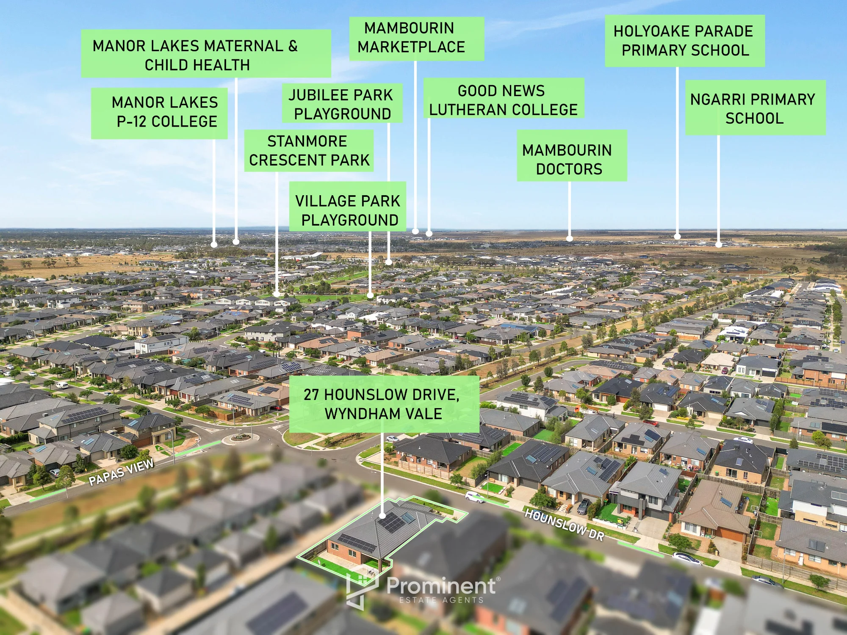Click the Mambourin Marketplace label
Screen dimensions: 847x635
click(x=416, y=39)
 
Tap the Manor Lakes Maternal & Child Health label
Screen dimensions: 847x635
click(x=206, y=54)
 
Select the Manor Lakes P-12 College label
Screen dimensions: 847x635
click(x=159, y=113)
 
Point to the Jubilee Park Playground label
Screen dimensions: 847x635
click(x=342, y=103)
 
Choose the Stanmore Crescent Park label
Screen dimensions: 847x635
click(x=309, y=151)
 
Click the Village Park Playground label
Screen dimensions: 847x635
click(x=347, y=207)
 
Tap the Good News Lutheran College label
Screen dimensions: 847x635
click(x=504, y=98)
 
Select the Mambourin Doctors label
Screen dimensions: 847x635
click(x=572, y=156)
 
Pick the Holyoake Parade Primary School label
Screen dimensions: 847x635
click(x=685, y=41)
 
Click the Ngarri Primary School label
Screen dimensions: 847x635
click(x=756, y=108)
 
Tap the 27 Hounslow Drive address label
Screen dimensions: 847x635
click(x=384, y=404)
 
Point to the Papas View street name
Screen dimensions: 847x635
click(x=121, y=472)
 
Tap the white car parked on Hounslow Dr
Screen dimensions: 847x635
click(x=474, y=497)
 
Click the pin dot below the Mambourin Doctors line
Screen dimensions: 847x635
click(x=570, y=239)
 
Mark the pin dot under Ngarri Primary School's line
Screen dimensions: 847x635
click(x=719, y=245)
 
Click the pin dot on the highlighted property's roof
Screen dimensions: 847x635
click(x=382, y=516)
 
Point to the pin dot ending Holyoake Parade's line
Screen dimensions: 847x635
click(x=677, y=237)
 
